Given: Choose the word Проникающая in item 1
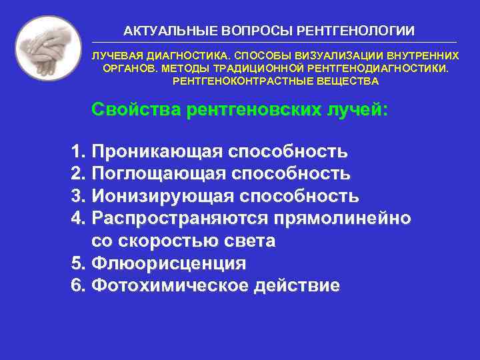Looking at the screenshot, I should pyautogui.click(x=156, y=151).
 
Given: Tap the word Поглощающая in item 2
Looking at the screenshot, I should pyautogui.click(x=157, y=174).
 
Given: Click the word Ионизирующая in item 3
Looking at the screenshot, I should pyautogui.click(x=162, y=197).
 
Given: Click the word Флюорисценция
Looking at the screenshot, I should pyautogui.click(x=169, y=263).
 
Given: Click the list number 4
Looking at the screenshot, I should pyautogui.click(x=75, y=219).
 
